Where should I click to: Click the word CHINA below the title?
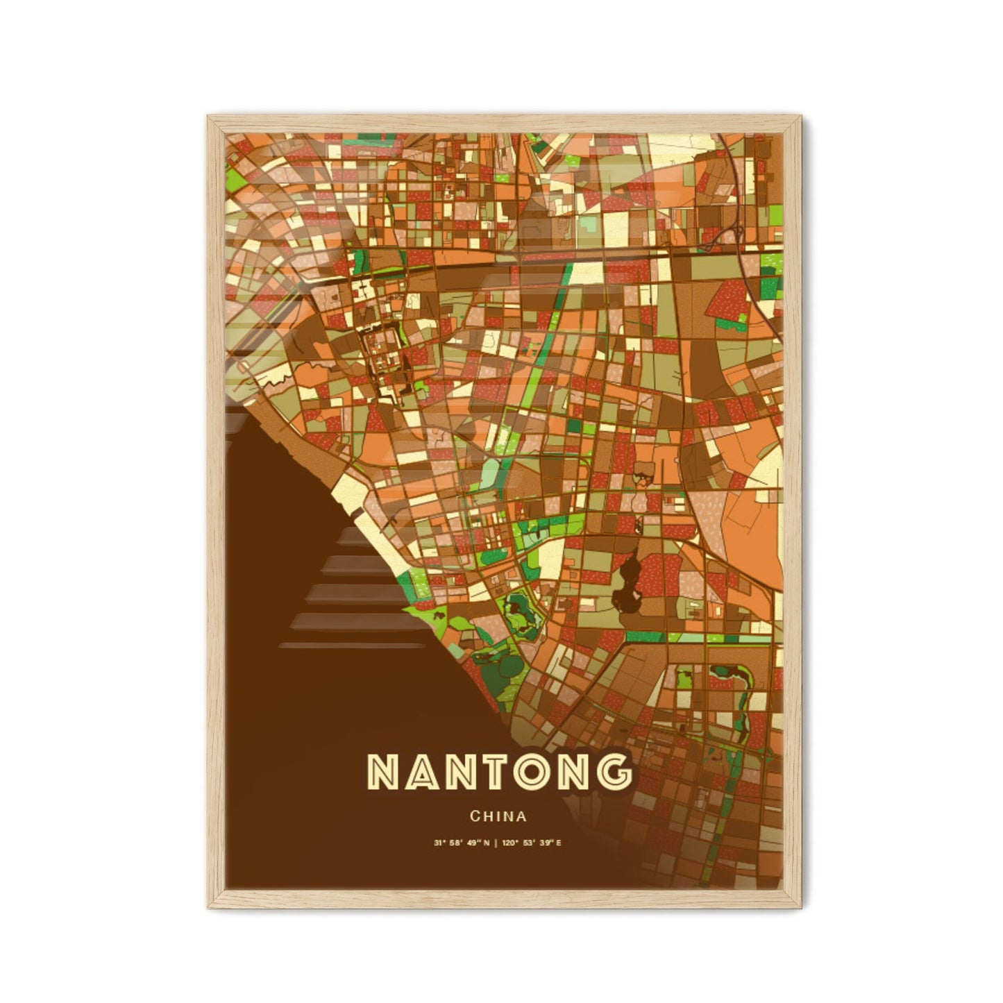click(x=498, y=816)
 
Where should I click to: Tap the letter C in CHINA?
click(x=474, y=816)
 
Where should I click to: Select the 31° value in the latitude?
click(x=439, y=843)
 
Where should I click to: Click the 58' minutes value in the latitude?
click(x=457, y=843)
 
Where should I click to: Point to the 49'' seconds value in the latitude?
click(x=474, y=843)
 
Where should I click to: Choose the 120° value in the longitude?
click(x=506, y=843)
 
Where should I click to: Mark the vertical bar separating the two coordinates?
click(x=495, y=843)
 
